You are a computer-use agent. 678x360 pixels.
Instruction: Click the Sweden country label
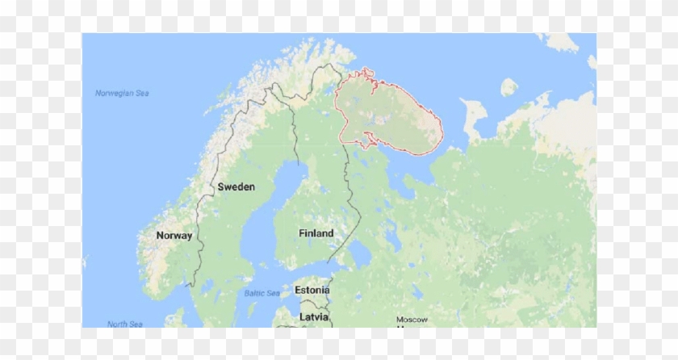[x=236, y=186]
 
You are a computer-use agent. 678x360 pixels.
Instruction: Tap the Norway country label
[x=174, y=236]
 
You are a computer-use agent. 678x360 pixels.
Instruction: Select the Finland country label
[x=316, y=233]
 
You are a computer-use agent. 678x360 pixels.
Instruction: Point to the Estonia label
[x=312, y=290]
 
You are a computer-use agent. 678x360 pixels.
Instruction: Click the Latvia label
[x=314, y=316]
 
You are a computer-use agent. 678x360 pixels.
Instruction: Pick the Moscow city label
[x=411, y=320]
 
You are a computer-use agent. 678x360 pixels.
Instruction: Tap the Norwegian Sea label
[x=122, y=93]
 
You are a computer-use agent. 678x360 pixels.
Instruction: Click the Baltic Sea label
[x=262, y=292]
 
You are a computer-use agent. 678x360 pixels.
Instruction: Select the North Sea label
[x=125, y=324]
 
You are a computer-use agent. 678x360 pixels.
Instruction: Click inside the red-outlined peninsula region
[x=387, y=113]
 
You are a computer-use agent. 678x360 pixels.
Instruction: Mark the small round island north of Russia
[x=508, y=86]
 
